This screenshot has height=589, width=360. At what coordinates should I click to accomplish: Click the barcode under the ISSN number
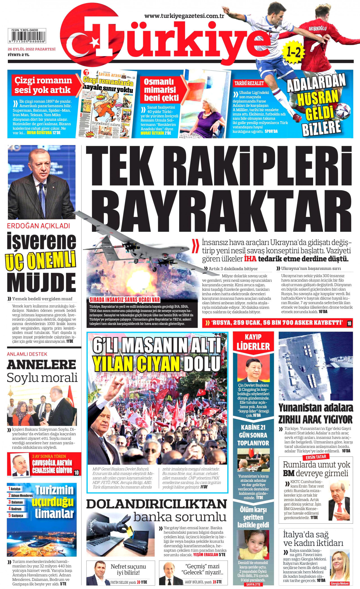tap(27, 36)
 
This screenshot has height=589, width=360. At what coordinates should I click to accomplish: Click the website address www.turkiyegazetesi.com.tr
tap(184, 16)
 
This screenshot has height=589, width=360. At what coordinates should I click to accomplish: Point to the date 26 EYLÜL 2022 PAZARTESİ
tap(31, 49)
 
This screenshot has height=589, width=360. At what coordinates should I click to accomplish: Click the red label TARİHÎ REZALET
tap(249, 83)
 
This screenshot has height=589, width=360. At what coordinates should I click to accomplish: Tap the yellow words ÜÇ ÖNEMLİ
tap(40, 261)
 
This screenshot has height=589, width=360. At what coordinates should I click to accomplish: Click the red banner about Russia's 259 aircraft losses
tap(277, 323)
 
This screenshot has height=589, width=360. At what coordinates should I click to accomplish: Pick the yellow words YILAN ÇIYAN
tap(136, 364)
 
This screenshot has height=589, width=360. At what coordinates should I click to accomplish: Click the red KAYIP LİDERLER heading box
tap(253, 342)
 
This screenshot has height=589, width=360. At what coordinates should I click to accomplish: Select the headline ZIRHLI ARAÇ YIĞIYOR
tap(315, 420)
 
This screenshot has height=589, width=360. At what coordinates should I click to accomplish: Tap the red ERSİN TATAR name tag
tap(316, 457)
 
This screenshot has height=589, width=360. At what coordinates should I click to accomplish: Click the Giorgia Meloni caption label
tap(339, 583)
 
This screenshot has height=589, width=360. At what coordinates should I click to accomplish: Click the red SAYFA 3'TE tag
tap(253, 584)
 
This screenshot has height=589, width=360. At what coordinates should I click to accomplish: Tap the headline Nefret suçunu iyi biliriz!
tap(128, 569)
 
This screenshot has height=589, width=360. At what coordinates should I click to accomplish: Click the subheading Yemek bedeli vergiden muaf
tap(42, 299)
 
